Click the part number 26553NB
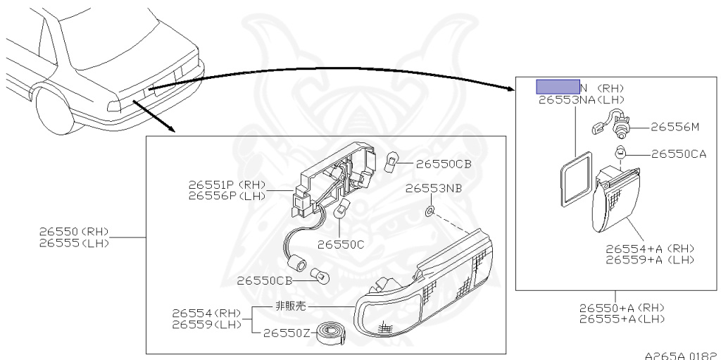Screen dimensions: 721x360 coord(434,189)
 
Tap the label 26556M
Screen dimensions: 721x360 coord(674,128)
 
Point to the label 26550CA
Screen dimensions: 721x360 coord(678,154)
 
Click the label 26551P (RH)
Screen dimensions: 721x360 coord(227,185)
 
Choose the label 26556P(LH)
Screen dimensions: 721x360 coord(227,196)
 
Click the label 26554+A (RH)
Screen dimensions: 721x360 coord(650,248)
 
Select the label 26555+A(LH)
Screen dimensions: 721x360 coord(622,318)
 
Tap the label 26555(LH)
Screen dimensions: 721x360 coord(73,243)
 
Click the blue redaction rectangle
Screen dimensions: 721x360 coord(558,87)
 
